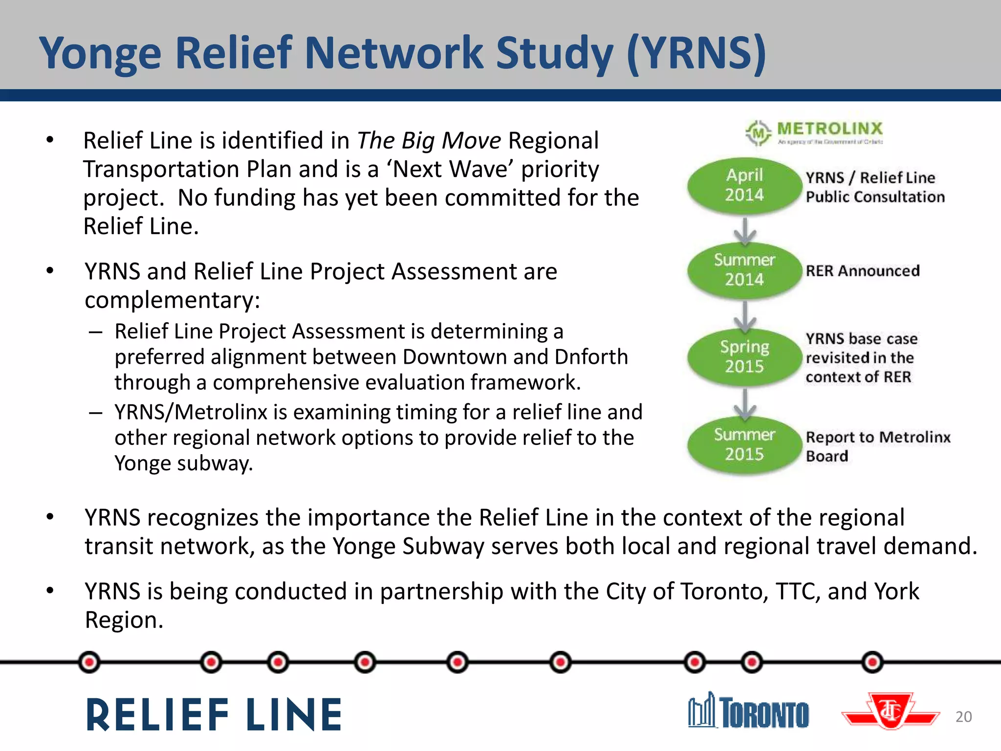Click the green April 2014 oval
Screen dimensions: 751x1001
[744, 185]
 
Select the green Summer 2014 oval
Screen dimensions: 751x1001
[744, 270]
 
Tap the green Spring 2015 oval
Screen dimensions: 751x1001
[744, 357]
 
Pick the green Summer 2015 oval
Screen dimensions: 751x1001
[744, 444]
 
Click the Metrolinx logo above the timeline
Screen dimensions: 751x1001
[814, 132]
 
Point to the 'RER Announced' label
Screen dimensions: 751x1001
[862, 270]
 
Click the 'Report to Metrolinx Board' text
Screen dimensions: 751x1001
[877, 446]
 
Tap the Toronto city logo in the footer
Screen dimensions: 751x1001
[748, 711]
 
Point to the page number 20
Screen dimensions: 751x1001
[963, 717]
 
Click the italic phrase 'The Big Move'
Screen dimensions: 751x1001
[429, 141]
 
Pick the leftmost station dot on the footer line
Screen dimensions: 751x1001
[89, 663]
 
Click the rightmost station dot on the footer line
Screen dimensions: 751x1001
[872, 663]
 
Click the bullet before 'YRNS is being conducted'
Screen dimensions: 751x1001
[50, 591]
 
